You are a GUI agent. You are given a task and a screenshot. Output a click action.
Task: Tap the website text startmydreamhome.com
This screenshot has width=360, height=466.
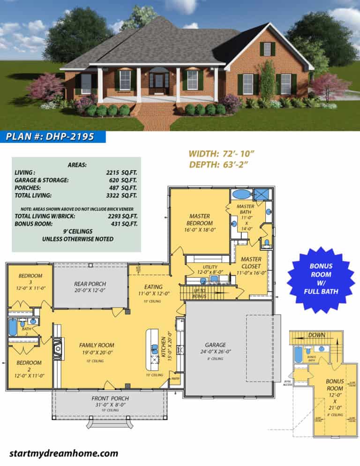tap(63, 453)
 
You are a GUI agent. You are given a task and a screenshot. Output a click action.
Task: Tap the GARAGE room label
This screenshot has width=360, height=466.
tap(215, 345)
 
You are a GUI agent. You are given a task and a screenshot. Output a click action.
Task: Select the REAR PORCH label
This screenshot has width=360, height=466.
tap(90, 284)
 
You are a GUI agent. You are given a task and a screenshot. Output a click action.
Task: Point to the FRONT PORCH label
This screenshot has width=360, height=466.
tap(110, 398)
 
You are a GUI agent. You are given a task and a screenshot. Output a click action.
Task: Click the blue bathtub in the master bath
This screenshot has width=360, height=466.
tap(242, 194)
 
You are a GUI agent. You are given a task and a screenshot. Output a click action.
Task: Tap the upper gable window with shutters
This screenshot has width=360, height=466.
tap(267, 49)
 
